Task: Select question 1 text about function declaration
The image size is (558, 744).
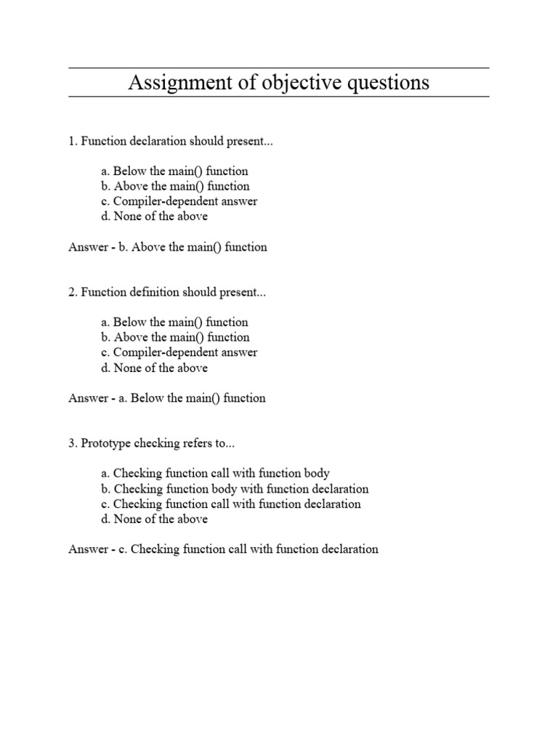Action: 171,141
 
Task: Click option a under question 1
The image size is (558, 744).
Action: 174,171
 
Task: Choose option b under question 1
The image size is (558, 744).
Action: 175,187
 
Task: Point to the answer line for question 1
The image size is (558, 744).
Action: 168,247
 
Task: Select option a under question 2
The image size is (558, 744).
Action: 174,323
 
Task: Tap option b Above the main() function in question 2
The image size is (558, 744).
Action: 175,338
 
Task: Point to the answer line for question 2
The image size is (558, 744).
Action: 167,398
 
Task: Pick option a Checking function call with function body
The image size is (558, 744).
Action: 216,474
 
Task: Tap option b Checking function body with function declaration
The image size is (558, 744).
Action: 235,489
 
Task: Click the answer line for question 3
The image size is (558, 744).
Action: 223,549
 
